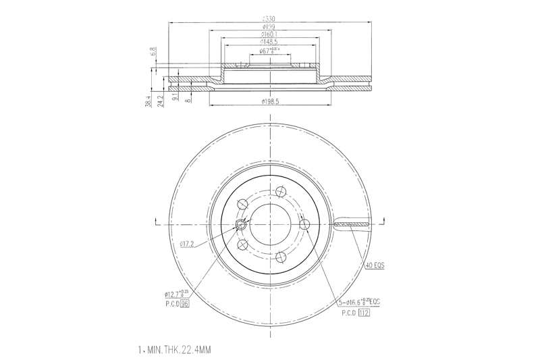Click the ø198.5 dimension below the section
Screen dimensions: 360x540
(x=270, y=101)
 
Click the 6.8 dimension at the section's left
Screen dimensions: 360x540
(x=154, y=51)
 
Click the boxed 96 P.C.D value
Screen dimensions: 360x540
(x=183, y=305)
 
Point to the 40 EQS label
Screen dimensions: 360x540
(x=373, y=267)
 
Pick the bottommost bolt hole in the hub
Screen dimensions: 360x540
(x=279, y=257)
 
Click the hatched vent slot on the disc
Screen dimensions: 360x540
(x=352, y=224)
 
